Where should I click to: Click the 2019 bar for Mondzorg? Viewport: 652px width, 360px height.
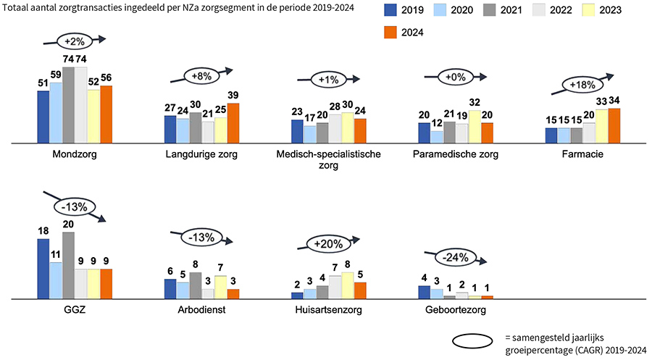click(43, 117)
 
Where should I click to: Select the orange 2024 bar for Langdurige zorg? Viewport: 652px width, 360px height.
click(233, 123)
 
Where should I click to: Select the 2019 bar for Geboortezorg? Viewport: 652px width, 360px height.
click(424, 292)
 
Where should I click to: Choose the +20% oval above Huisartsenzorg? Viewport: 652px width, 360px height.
click(327, 244)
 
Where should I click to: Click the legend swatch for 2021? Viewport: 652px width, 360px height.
click(491, 11)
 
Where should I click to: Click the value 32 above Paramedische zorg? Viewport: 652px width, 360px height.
click(475, 102)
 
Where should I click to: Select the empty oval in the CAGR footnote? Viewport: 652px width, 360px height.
click(475, 340)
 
